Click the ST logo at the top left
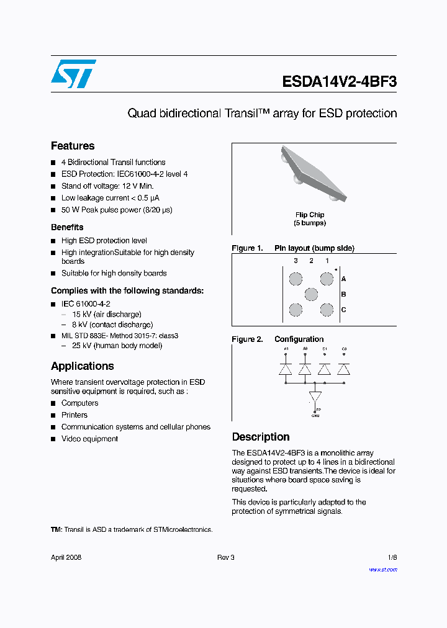pyautogui.click(x=73, y=74)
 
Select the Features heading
pyautogui.click(x=73, y=146)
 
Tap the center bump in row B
pyautogui.click(x=311, y=294)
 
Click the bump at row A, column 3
pyautogui.click(x=296, y=279)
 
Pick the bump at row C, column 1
pyautogui.click(x=327, y=310)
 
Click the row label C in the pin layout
pyautogui.click(x=344, y=310)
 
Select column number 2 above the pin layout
pyautogui.click(x=311, y=261)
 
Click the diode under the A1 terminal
pyautogui.click(x=286, y=369)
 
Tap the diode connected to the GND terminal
pyautogui.click(x=315, y=396)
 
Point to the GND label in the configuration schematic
pyautogui.click(x=315, y=415)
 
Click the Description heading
pyautogui.click(x=261, y=437)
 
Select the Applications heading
pyautogui.click(x=83, y=366)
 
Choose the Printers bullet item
pyautogui.click(x=74, y=415)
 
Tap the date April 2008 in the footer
pyautogui.click(x=66, y=557)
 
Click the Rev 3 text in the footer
pyautogui.click(x=226, y=557)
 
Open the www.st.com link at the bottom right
pyautogui.click(x=383, y=569)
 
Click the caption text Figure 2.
pyautogui.click(x=247, y=339)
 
